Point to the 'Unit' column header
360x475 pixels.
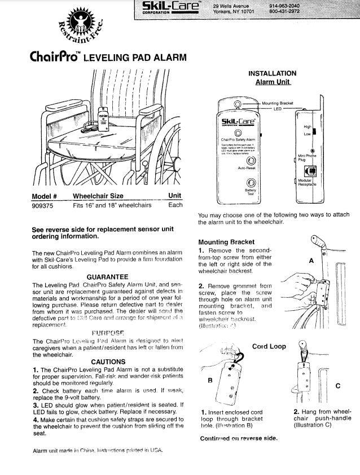tap(174, 196)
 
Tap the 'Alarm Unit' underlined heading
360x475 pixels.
tap(272, 82)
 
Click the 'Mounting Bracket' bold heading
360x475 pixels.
tap(222, 242)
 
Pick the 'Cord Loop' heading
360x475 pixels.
tap(269, 346)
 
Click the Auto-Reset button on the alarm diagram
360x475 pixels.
tap(248, 160)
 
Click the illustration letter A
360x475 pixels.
tap(310, 261)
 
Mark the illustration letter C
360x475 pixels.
tap(337, 385)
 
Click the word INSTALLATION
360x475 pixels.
tap(272, 73)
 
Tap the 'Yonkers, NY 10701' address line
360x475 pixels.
tap(234, 11)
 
